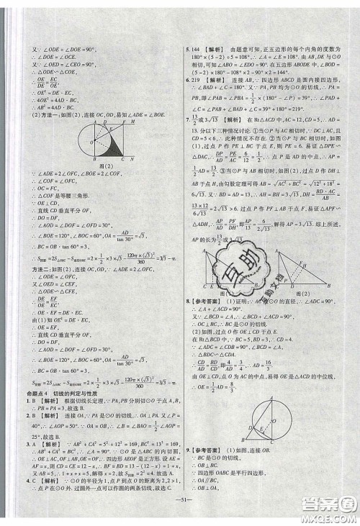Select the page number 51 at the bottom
click(179, 515)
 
